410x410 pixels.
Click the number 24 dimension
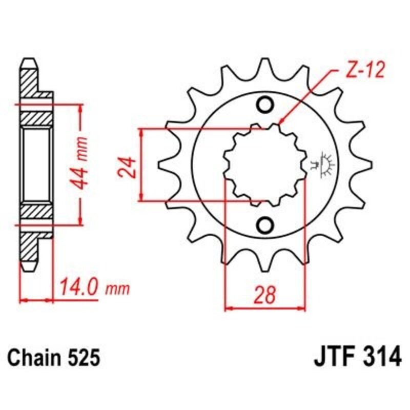click(129, 166)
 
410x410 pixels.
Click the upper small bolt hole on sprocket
click(265, 105)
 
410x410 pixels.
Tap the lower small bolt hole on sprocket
click(265, 224)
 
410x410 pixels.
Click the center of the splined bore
click(265, 164)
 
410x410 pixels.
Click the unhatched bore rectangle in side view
click(36, 165)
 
